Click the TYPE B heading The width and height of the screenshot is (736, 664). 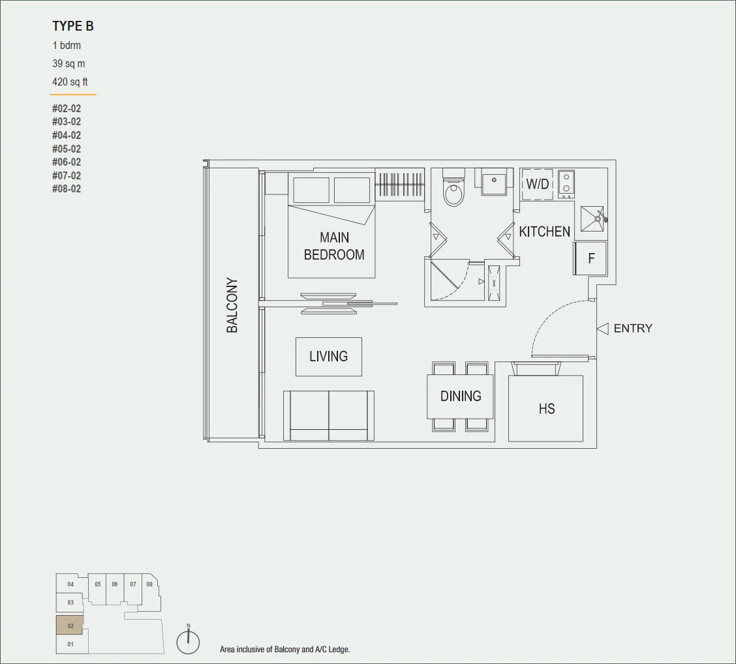click(73, 26)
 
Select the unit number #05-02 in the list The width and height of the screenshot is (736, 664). click(67, 149)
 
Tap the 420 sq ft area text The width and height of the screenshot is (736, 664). click(70, 82)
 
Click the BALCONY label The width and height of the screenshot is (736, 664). click(232, 305)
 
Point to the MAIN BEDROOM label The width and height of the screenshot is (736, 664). click(334, 246)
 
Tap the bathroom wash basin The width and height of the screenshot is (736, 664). click(493, 183)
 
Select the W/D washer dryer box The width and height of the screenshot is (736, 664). click(538, 184)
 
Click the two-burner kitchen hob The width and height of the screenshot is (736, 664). click(566, 183)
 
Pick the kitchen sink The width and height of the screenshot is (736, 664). click(593, 219)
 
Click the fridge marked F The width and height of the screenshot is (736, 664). click(590, 258)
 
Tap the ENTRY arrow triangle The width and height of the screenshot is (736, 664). click(603, 329)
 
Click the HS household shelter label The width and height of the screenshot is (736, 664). click(547, 409)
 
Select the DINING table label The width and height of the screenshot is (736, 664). click(461, 396)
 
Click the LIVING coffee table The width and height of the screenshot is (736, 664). click(329, 357)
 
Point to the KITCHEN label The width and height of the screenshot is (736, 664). click(544, 232)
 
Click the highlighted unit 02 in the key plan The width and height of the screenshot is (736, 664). click(70, 626)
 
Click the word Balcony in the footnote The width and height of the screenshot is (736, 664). click(287, 650)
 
